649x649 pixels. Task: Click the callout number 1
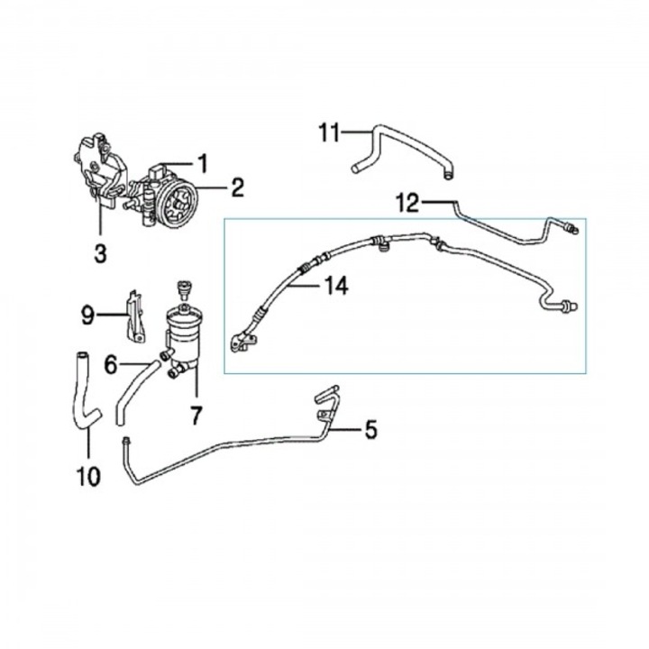(x=203, y=163)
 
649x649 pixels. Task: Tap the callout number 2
(x=237, y=187)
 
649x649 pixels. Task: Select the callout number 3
(x=101, y=253)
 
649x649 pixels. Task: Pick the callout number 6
(x=111, y=365)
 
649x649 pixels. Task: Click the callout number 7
(x=196, y=416)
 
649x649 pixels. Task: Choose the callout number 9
(x=87, y=315)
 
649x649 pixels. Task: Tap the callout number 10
(x=88, y=476)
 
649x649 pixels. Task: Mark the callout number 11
(x=330, y=133)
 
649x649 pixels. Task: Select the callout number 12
(x=407, y=203)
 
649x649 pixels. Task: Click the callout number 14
(x=336, y=286)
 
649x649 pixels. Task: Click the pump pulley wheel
(x=178, y=204)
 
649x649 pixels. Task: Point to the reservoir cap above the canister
(x=182, y=290)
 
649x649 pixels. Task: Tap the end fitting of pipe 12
(x=573, y=228)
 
